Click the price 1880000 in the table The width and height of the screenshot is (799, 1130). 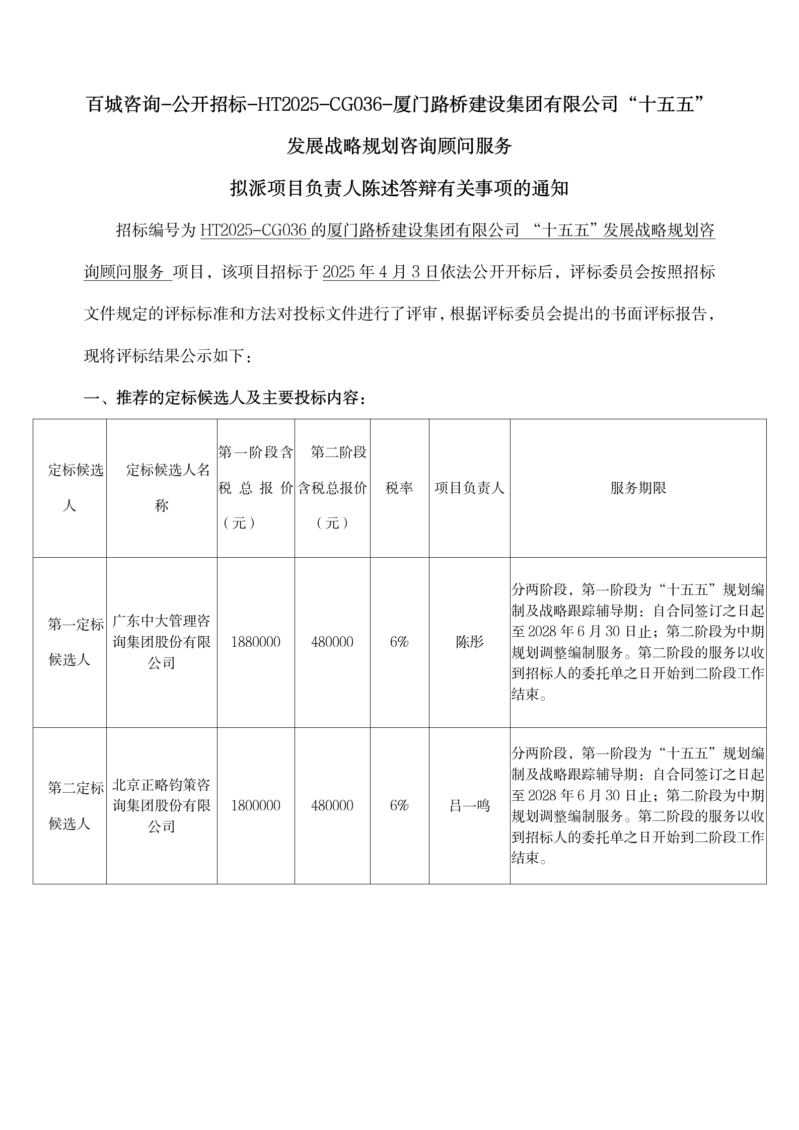click(256, 642)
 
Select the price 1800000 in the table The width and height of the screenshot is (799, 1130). click(256, 805)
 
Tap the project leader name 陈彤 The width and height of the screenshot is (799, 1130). click(469, 642)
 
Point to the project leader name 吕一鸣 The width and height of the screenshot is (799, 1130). click(469, 806)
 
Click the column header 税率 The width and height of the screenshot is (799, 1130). click(399, 488)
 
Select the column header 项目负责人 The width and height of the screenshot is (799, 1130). click(469, 488)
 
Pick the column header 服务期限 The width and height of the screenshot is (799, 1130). click(638, 488)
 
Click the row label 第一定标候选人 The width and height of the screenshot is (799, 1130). click(70, 642)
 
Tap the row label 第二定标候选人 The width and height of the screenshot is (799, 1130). click(70, 805)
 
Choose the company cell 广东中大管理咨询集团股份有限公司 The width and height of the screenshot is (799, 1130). click(162, 642)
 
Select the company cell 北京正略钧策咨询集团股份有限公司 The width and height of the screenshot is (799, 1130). click(162, 805)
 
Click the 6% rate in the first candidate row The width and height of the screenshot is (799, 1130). click(399, 642)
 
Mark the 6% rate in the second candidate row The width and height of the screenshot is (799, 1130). click(399, 805)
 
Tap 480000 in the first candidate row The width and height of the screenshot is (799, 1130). click(332, 642)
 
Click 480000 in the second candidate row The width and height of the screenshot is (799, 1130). click(332, 805)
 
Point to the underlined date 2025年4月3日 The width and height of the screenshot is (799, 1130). click(381, 272)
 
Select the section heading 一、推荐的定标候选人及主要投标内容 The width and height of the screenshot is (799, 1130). click(225, 398)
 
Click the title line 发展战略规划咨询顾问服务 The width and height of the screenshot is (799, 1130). click(399, 146)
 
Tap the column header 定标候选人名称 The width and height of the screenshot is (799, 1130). click(162, 488)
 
